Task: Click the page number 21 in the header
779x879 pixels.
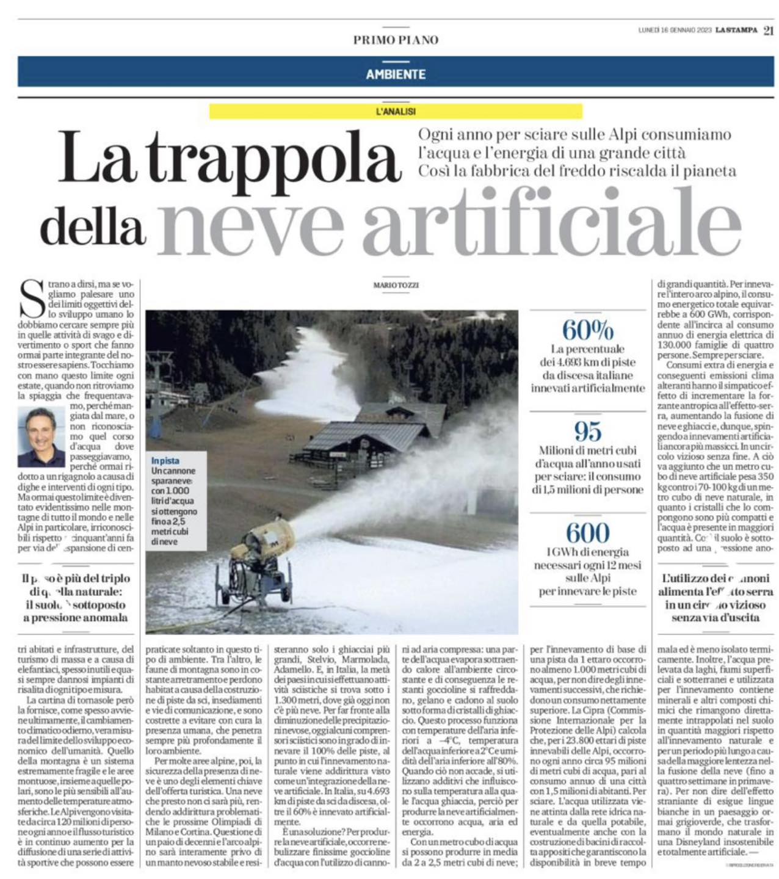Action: coord(768,29)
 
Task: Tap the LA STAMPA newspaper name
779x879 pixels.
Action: coord(737,29)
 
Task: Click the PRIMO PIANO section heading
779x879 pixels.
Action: coord(396,40)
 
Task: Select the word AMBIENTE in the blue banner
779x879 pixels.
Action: coord(396,74)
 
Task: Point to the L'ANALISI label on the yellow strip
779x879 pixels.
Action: coord(396,112)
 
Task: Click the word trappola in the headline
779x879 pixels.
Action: coord(275,160)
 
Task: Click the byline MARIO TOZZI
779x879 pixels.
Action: coord(396,285)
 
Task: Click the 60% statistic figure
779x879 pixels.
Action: coord(587,330)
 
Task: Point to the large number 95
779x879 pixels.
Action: coord(587,432)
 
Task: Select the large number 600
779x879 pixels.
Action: coord(587,533)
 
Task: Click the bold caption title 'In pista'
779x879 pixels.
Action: coord(165,461)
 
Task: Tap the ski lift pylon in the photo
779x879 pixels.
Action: coord(157,391)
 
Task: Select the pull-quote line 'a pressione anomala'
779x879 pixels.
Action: coord(76,618)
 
